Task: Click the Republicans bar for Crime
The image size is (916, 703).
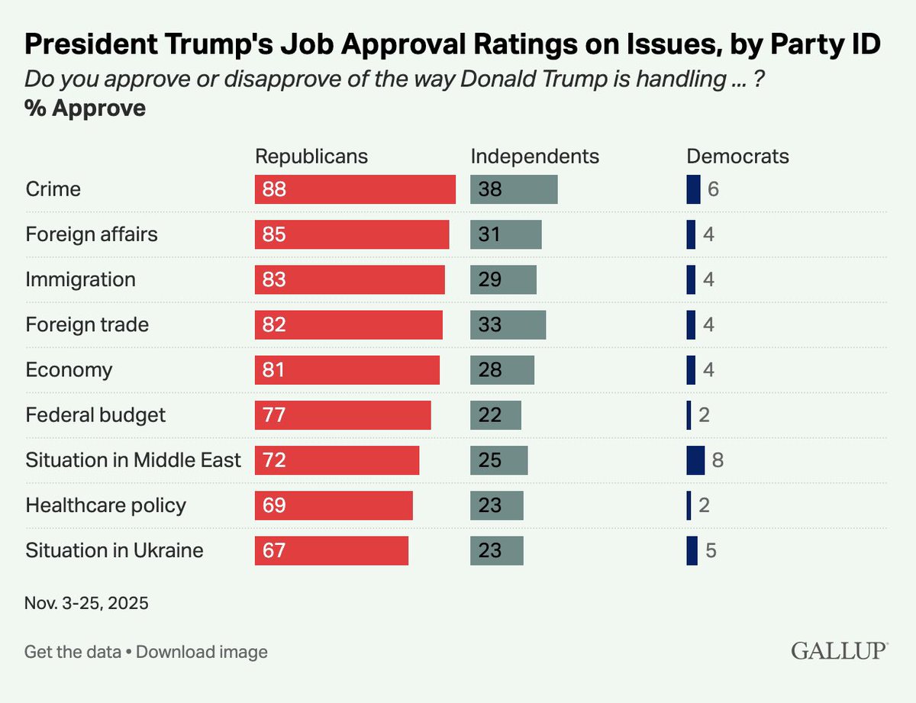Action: tap(355, 189)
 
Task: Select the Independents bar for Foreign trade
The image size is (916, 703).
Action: tap(508, 324)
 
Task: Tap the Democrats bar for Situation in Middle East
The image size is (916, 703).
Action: tap(695, 460)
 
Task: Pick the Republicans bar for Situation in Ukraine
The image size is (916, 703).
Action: tap(331, 550)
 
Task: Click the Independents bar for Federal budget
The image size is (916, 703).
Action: tap(495, 415)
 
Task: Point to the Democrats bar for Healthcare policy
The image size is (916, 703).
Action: tap(689, 505)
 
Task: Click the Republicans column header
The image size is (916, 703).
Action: tap(311, 156)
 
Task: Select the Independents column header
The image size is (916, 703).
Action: tap(534, 156)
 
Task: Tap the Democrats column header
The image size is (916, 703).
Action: tap(737, 156)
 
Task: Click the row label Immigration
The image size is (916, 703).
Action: tap(81, 279)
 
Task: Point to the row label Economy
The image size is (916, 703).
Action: tap(69, 370)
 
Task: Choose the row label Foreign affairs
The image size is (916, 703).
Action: tap(92, 234)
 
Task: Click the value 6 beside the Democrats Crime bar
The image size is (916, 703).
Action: tap(713, 189)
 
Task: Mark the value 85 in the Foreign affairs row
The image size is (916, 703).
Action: tap(273, 234)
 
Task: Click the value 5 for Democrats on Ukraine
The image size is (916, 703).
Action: tap(711, 550)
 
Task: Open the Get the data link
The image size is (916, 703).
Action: tap(73, 652)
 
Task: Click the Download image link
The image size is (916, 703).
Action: tap(202, 652)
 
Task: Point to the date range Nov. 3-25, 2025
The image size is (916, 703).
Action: tap(87, 603)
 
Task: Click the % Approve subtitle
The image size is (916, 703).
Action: tap(85, 108)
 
